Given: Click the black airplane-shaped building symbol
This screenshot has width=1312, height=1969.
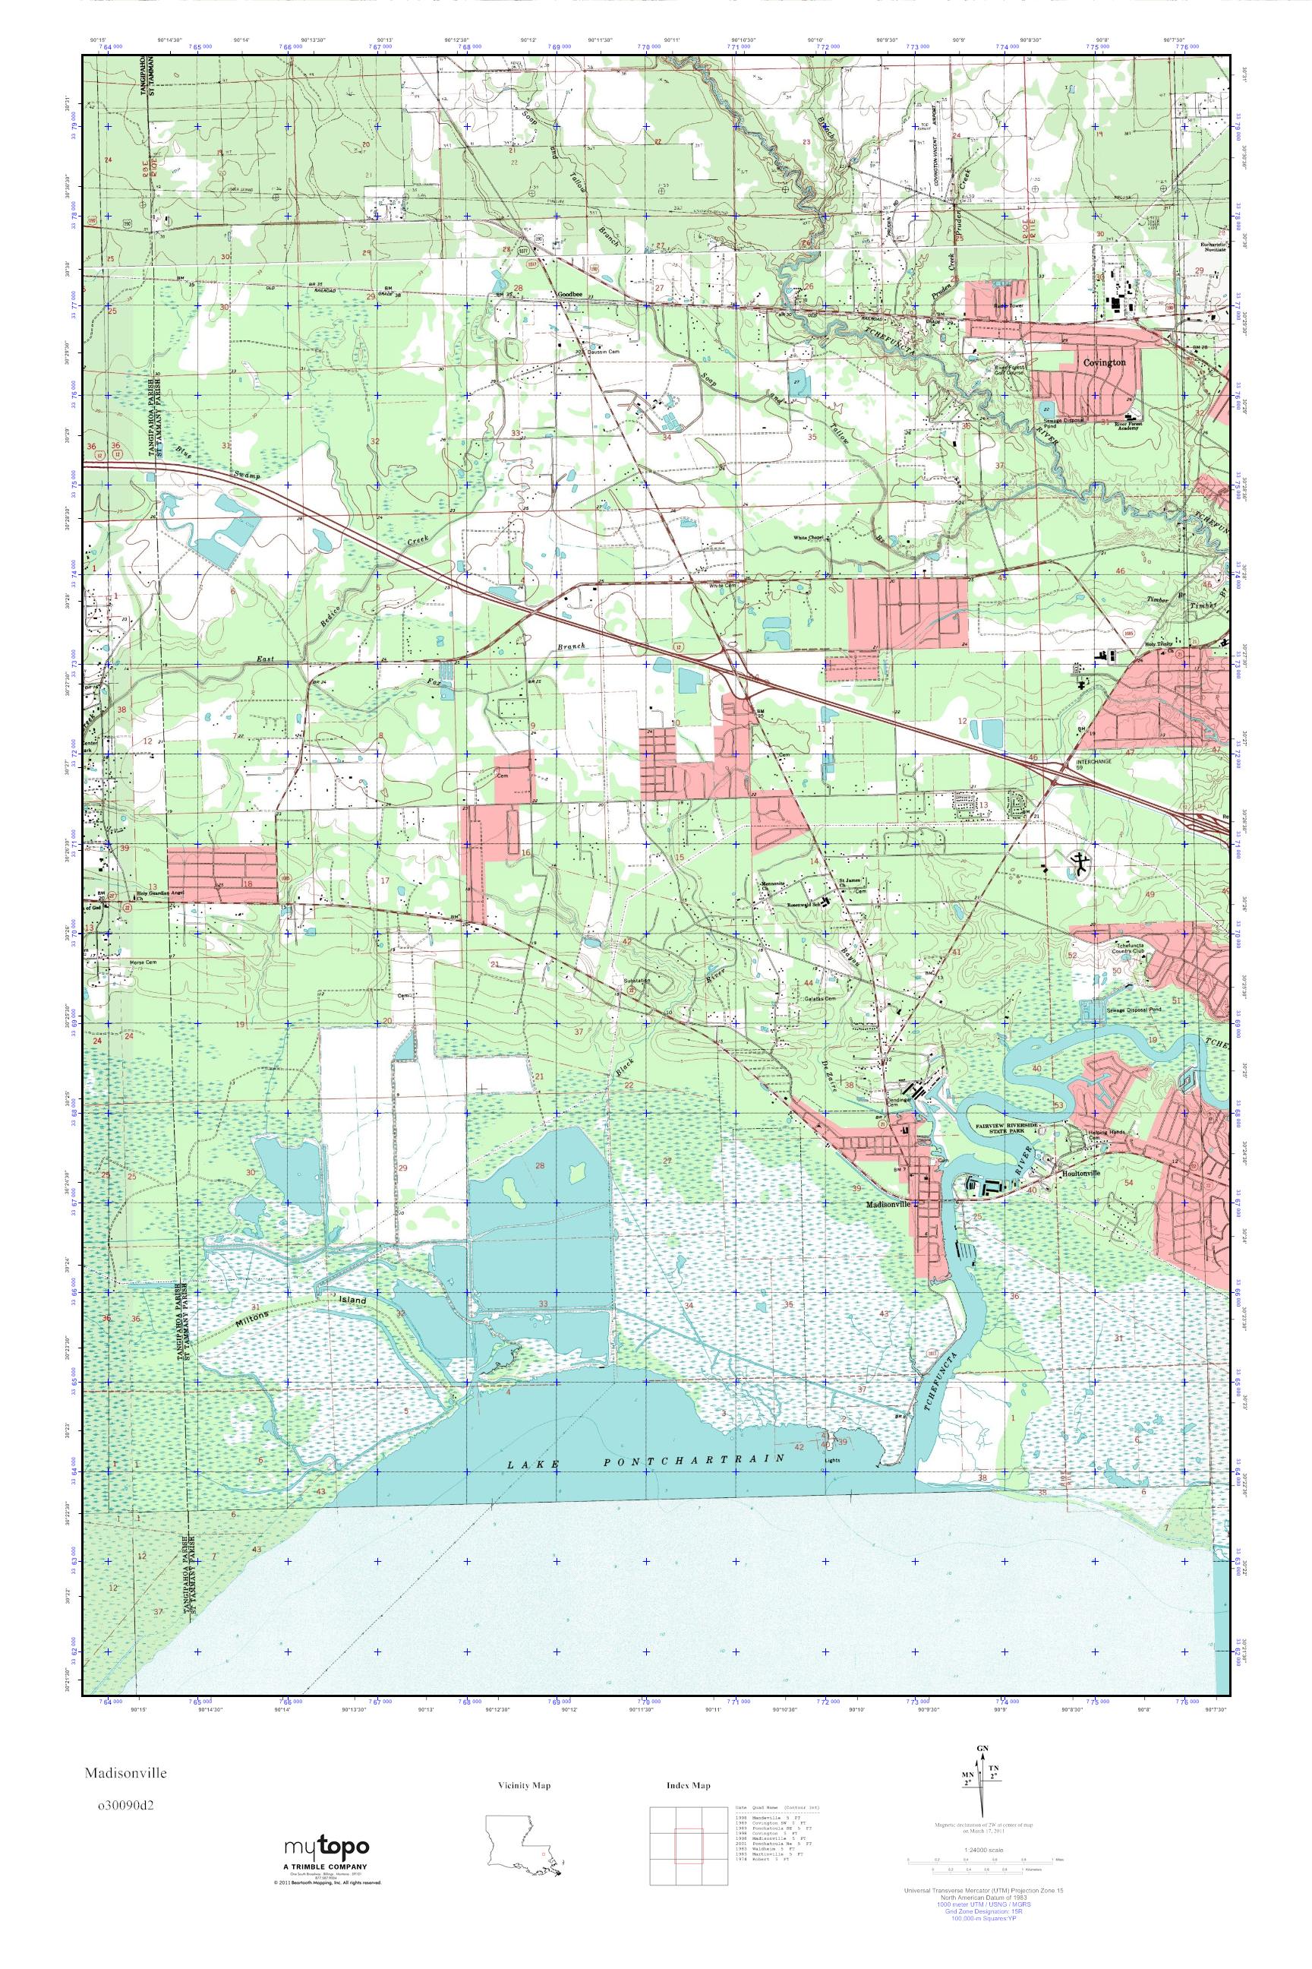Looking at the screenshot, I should click(1080, 864).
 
